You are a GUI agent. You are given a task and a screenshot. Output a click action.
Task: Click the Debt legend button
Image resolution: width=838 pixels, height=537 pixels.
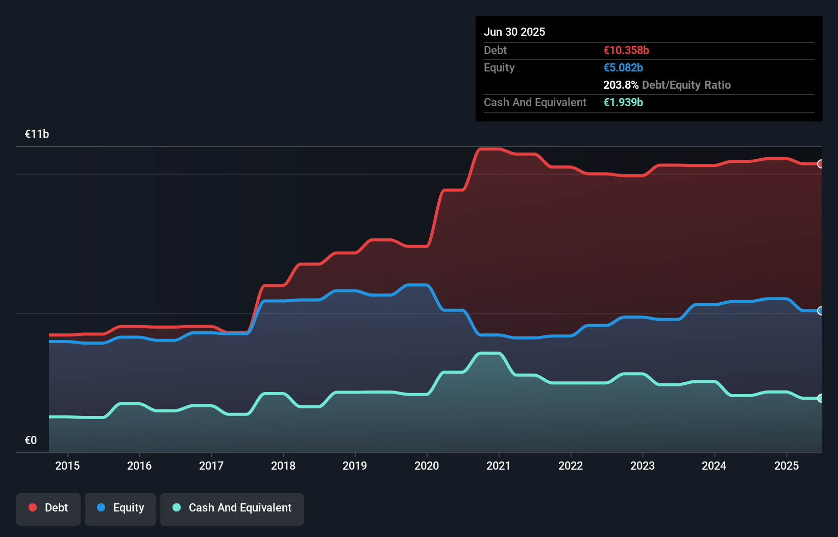point(48,508)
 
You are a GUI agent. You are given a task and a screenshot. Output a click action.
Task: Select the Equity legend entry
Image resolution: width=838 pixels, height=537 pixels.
point(120,508)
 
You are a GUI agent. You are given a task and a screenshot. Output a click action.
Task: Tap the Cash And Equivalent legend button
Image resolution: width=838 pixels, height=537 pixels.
point(232,508)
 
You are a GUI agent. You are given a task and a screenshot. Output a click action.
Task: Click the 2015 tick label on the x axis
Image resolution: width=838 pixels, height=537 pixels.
point(67,466)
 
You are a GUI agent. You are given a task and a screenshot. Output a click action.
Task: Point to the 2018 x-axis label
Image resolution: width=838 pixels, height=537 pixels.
point(283,466)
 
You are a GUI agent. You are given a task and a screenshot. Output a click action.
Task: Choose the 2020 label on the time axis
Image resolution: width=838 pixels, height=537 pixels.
point(427,466)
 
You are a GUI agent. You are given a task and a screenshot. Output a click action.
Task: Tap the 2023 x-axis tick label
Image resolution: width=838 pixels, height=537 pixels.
point(642,466)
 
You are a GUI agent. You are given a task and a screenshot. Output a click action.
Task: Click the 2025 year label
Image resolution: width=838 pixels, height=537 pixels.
point(786,466)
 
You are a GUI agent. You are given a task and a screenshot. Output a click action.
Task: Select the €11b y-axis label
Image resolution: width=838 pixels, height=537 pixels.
point(37,134)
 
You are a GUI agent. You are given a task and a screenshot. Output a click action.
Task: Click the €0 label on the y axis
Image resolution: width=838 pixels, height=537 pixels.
point(31,440)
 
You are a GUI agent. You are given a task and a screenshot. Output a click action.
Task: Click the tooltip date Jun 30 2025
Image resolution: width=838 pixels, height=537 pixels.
point(514,32)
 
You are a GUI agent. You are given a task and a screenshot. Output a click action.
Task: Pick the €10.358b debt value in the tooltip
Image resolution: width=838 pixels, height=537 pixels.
point(626,50)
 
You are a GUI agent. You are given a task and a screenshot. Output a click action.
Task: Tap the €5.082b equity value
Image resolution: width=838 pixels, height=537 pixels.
point(623,67)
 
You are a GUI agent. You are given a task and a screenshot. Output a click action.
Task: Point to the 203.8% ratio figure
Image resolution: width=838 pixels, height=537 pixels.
point(621,85)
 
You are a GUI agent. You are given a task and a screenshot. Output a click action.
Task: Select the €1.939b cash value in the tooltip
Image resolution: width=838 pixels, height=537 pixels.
point(623,102)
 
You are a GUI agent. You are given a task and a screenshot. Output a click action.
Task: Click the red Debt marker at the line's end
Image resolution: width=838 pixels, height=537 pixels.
point(820,164)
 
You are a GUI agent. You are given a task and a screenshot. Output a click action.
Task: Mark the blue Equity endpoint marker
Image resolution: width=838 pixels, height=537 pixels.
point(820,311)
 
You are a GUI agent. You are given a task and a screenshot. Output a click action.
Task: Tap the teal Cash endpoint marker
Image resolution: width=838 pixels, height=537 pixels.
point(820,398)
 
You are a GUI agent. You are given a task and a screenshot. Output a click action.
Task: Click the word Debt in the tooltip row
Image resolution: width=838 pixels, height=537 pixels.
point(495,50)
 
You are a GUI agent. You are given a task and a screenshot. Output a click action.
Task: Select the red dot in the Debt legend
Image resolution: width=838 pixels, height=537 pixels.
point(33,507)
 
